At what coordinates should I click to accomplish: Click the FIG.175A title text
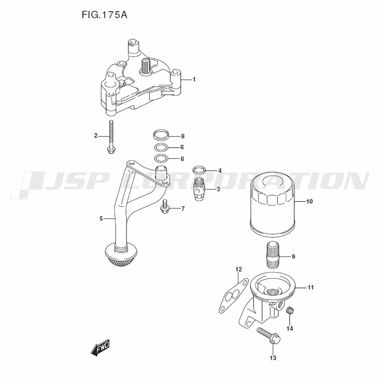[x=104, y=15]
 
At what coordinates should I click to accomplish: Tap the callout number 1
[x=194, y=79]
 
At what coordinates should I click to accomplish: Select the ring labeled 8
[x=161, y=135]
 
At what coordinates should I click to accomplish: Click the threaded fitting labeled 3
[x=200, y=189]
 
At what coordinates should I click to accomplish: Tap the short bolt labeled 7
[x=165, y=207]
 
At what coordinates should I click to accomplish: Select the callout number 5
[x=101, y=218]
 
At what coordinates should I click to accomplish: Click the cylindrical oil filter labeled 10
[x=272, y=204]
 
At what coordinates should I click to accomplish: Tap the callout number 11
[x=311, y=287]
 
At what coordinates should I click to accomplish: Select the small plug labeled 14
[x=290, y=310]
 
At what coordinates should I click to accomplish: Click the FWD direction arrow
[x=100, y=348]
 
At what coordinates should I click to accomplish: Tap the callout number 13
[x=273, y=358]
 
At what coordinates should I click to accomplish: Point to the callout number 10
[x=309, y=201]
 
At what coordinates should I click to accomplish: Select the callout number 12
[x=239, y=269]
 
